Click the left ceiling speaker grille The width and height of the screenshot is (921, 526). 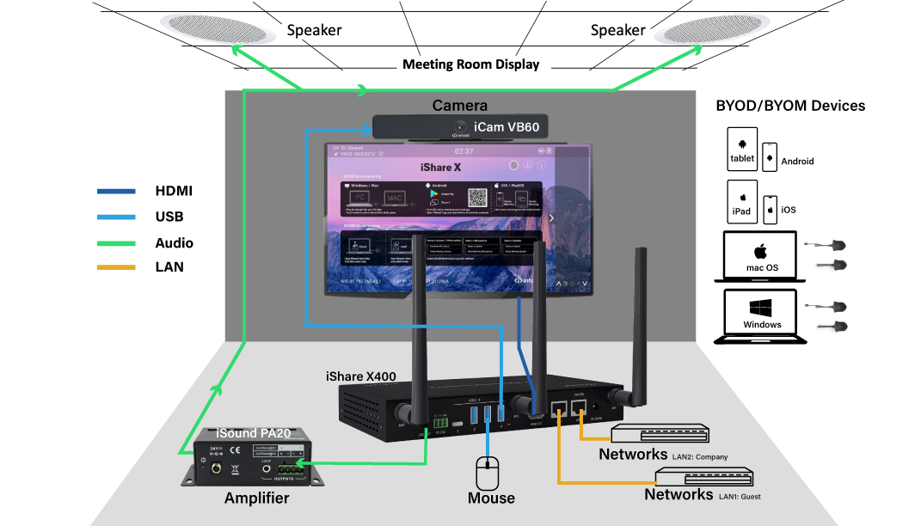[214, 29]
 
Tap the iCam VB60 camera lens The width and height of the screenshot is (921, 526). [460, 128]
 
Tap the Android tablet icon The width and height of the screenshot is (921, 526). [741, 148]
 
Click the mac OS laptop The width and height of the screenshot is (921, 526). [761, 256]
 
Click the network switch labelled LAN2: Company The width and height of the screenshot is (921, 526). [660, 434]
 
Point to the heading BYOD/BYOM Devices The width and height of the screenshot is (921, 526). [790, 106]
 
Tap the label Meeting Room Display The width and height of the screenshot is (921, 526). [470, 64]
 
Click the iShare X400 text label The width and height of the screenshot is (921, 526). [360, 376]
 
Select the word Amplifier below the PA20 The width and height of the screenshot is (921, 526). [256, 498]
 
